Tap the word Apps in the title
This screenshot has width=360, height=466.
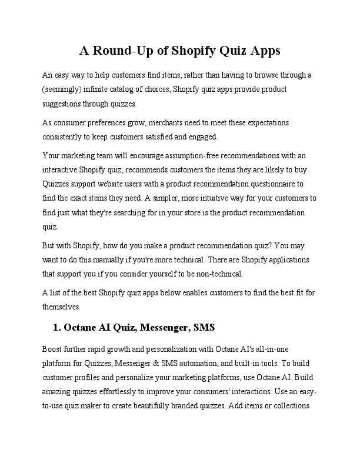[x=264, y=51]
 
